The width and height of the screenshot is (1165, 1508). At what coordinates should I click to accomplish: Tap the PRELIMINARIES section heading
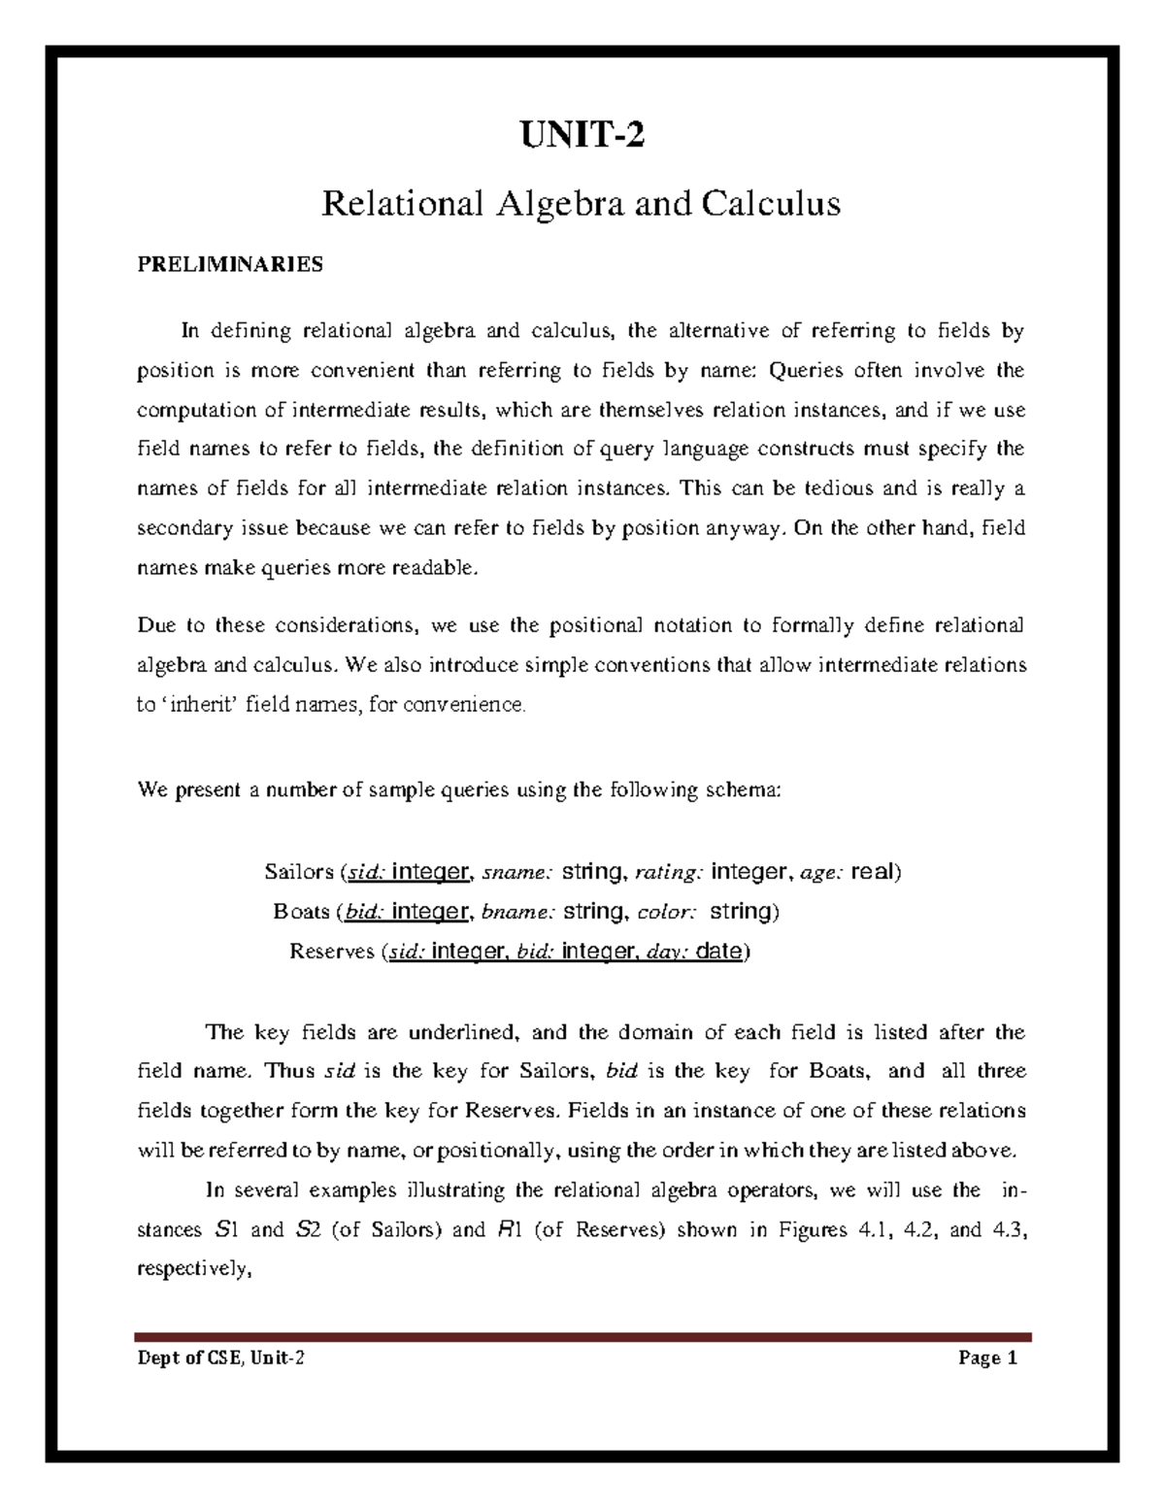tap(230, 265)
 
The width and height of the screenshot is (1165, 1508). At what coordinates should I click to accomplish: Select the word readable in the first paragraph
tap(434, 568)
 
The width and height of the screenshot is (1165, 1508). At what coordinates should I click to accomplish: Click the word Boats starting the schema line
tap(302, 912)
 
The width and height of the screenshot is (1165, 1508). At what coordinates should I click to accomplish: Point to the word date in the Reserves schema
tap(719, 952)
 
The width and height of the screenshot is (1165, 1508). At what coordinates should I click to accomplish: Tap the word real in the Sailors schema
tap(873, 872)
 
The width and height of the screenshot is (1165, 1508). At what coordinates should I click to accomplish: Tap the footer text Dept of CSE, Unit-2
tap(222, 1358)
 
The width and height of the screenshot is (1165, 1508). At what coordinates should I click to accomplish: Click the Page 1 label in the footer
tap(987, 1358)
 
